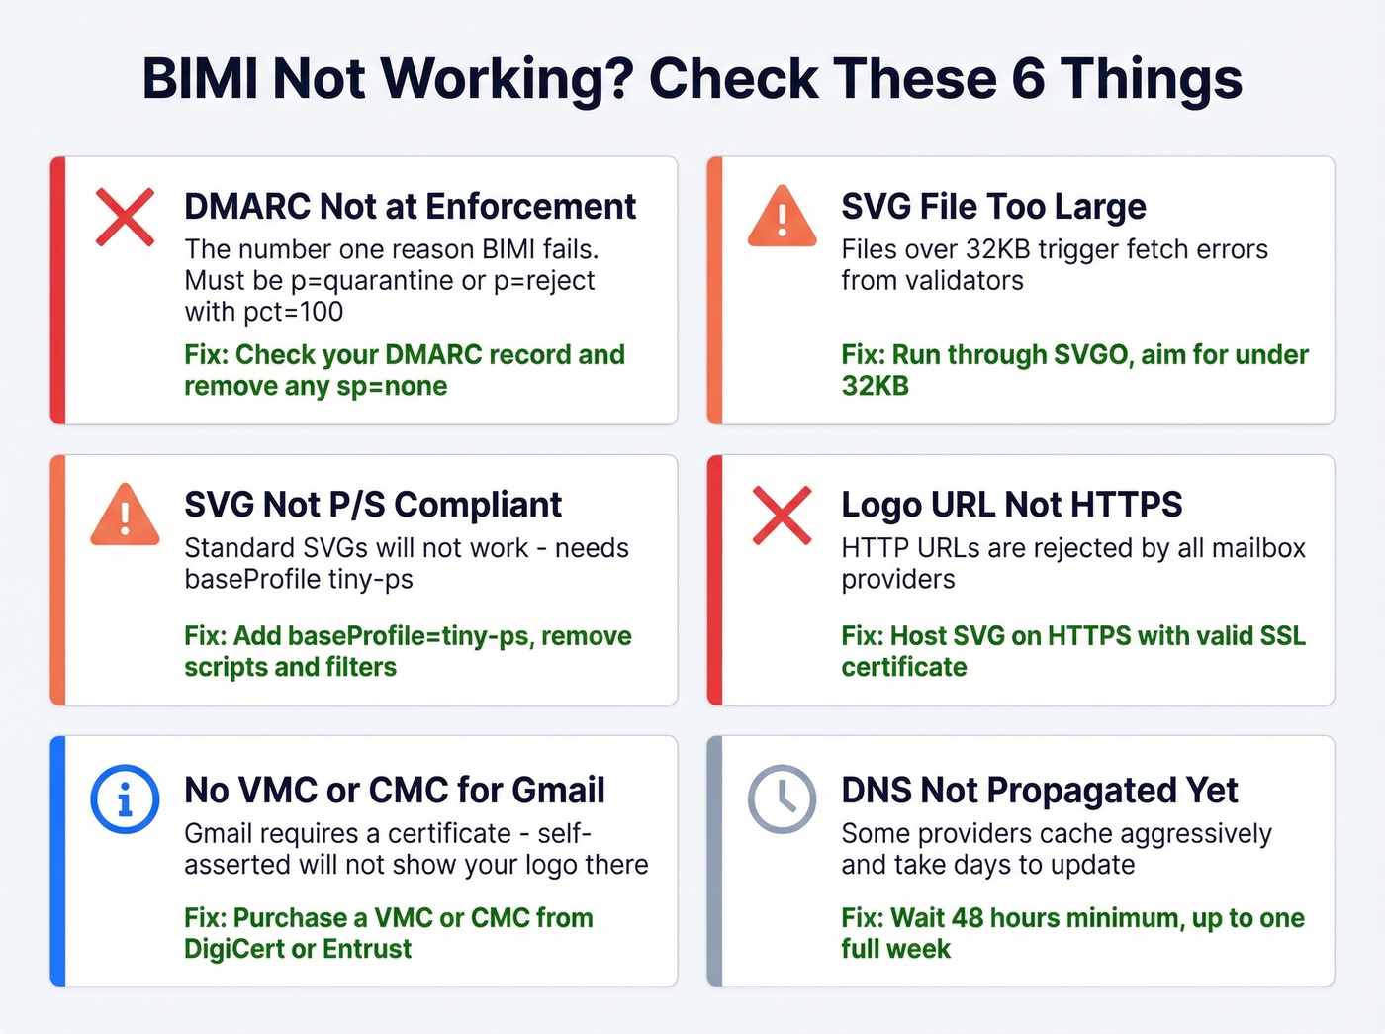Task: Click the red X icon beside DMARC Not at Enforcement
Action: pyautogui.click(x=125, y=216)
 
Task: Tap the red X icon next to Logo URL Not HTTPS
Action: pyautogui.click(x=782, y=515)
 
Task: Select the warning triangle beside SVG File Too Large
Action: pyautogui.click(x=782, y=217)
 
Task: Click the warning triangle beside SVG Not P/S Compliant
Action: pyautogui.click(x=125, y=516)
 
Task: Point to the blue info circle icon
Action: pyautogui.click(x=125, y=799)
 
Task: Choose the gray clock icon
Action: pyautogui.click(x=782, y=799)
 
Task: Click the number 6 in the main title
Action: pyautogui.click(x=1029, y=79)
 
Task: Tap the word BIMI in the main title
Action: pyautogui.click(x=200, y=79)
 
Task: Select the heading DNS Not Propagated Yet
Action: pyautogui.click(x=1039, y=791)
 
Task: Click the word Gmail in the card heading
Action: pyautogui.click(x=559, y=791)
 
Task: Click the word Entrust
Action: pyautogui.click(x=366, y=949)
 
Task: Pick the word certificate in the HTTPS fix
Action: pyautogui.click(x=903, y=667)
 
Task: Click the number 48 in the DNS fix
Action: pyautogui.click(x=967, y=918)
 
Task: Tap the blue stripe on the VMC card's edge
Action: pyautogui.click(x=57, y=861)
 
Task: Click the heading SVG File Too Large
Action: pyautogui.click(x=993, y=207)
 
